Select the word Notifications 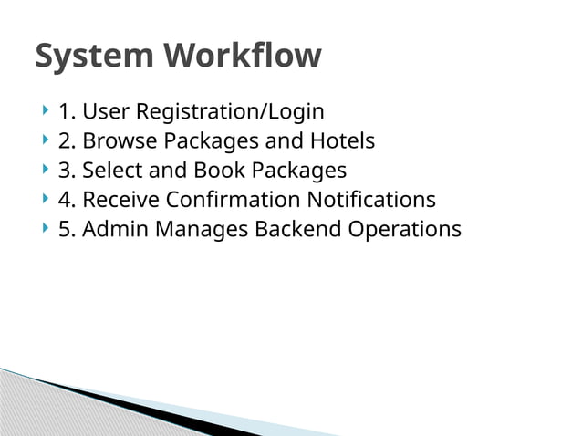tap(371, 200)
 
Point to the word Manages tap(201, 229)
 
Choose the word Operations tap(405, 229)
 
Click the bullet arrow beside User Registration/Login tap(45, 111)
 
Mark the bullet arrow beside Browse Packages tap(45, 140)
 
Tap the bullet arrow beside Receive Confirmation tap(45, 199)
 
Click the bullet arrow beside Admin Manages tap(45, 228)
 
